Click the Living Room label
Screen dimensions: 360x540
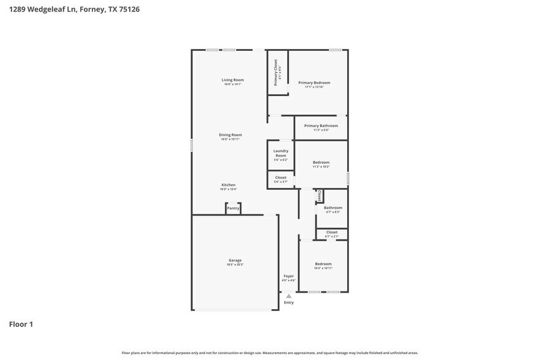(x=233, y=80)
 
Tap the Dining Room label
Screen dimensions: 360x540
(x=230, y=135)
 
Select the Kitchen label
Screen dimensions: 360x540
(x=228, y=185)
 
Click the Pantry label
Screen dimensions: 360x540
(x=233, y=209)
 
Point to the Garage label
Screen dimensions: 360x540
(x=235, y=260)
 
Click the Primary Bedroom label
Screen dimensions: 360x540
(x=314, y=83)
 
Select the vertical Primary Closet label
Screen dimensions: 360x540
(x=277, y=72)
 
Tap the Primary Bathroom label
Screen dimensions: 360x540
(x=321, y=126)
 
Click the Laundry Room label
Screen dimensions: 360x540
(x=280, y=153)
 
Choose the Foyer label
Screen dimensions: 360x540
(x=288, y=276)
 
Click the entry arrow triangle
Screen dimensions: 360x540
(x=289, y=296)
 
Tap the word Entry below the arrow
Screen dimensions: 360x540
(x=289, y=302)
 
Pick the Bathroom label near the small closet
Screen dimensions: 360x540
(x=332, y=208)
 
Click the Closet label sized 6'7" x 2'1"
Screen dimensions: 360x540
(x=332, y=232)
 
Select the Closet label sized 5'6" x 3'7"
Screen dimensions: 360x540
(x=280, y=178)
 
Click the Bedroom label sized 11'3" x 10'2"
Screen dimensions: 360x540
(x=321, y=162)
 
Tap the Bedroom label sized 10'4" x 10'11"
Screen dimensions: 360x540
(x=323, y=264)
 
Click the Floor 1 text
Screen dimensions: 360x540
(x=21, y=324)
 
